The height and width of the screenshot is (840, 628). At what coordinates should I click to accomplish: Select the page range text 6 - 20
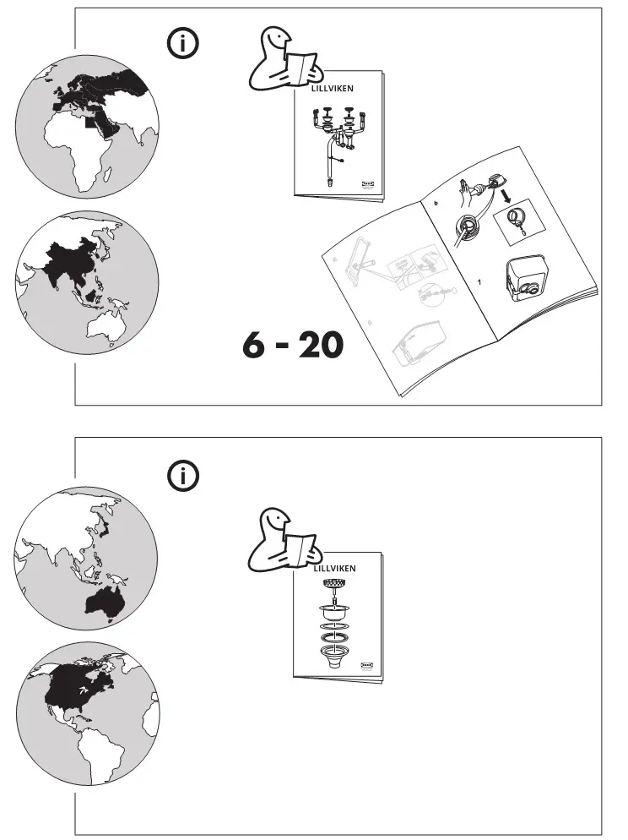[293, 346]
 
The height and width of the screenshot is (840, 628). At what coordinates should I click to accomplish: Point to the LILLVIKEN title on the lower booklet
[334, 569]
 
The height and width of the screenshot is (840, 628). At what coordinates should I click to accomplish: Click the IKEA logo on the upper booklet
[368, 183]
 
